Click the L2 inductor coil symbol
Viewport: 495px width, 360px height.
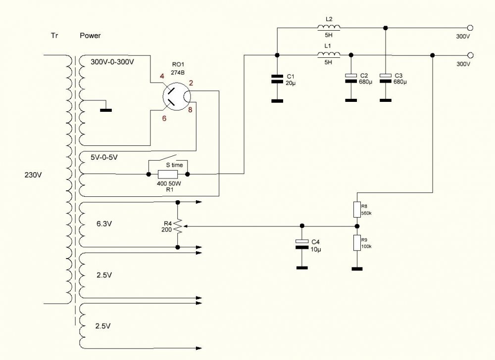pyautogui.click(x=329, y=27)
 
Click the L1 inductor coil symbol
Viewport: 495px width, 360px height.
pyautogui.click(x=329, y=55)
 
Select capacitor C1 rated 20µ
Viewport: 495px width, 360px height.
pyautogui.click(x=277, y=79)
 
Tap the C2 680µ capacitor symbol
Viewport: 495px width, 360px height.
pyautogui.click(x=351, y=78)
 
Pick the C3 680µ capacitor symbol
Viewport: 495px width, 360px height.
pyautogui.click(x=385, y=78)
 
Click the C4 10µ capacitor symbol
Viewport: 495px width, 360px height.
pyautogui.click(x=302, y=244)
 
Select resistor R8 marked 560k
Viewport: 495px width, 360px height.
pyautogui.click(x=357, y=210)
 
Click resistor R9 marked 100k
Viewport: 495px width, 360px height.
pyautogui.click(x=357, y=243)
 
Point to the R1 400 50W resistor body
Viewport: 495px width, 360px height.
pyautogui.click(x=168, y=174)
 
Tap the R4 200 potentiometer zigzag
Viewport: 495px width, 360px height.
pyautogui.click(x=178, y=225)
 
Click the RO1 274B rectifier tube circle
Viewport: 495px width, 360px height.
pyautogui.click(x=177, y=96)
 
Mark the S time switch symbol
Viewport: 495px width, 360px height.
pyautogui.click(x=168, y=159)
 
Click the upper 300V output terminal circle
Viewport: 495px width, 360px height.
pyautogui.click(x=470, y=28)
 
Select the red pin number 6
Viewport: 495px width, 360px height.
pyautogui.click(x=164, y=119)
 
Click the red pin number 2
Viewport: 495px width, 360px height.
pyautogui.click(x=191, y=83)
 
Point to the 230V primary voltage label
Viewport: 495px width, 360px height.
pyautogui.click(x=33, y=175)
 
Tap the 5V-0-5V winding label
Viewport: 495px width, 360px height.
pyautogui.click(x=104, y=157)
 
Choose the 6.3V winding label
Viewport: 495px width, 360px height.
pyautogui.click(x=104, y=224)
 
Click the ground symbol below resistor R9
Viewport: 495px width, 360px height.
pyautogui.click(x=357, y=269)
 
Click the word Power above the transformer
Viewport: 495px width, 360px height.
pyautogui.click(x=90, y=36)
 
